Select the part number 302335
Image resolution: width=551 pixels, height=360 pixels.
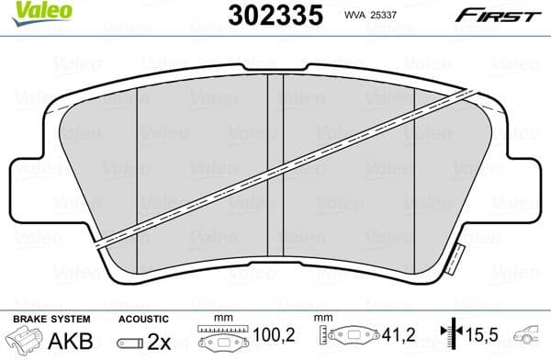tap(264, 16)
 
